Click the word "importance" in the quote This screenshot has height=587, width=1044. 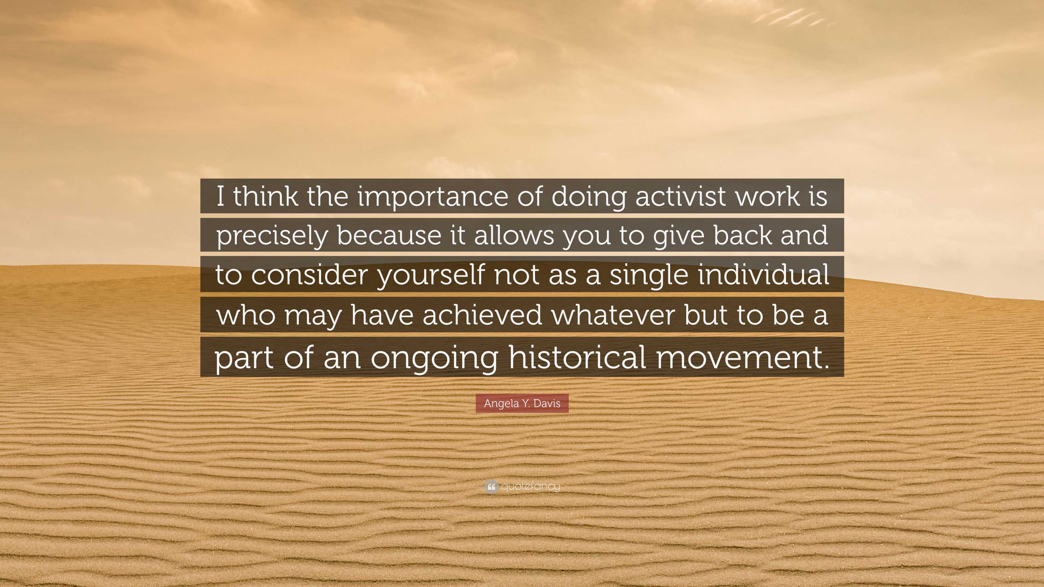click(433, 196)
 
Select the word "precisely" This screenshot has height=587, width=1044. click(272, 236)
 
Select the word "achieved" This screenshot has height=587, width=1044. click(482, 315)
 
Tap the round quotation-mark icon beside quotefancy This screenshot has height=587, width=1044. click(491, 486)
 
